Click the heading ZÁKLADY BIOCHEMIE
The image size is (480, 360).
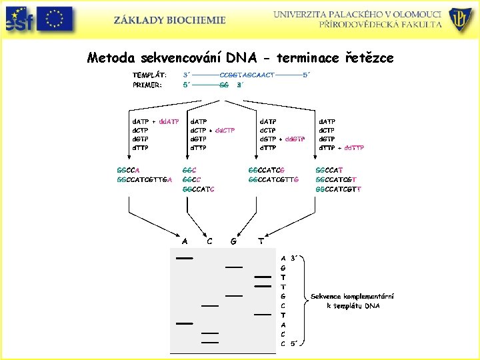pyautogui.click(x=169, y=20)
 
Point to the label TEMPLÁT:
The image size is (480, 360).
pyautogui.click(x=149, y=75)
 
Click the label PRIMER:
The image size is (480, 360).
pyautogui.click(x=147, y=85)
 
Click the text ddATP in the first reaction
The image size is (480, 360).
pyautogui.click(x=168, y=121)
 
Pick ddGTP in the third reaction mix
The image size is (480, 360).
pyautogui.click(x=295, y=139)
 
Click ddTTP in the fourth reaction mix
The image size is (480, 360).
pyautogui.click(x=353, y=147)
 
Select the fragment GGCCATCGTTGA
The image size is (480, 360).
pyautogui.click(x=145, y=179)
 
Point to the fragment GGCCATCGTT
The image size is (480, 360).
pyautogui.click(x=339, y=189)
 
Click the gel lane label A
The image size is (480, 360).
pyautogui.click(x=185, y=241)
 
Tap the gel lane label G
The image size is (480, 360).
pyautogui.click(x=233, y=241)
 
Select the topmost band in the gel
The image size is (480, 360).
pyautogui.click(x=184, y=257)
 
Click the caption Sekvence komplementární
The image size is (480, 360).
pyautogui.click(x=352, y=296)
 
